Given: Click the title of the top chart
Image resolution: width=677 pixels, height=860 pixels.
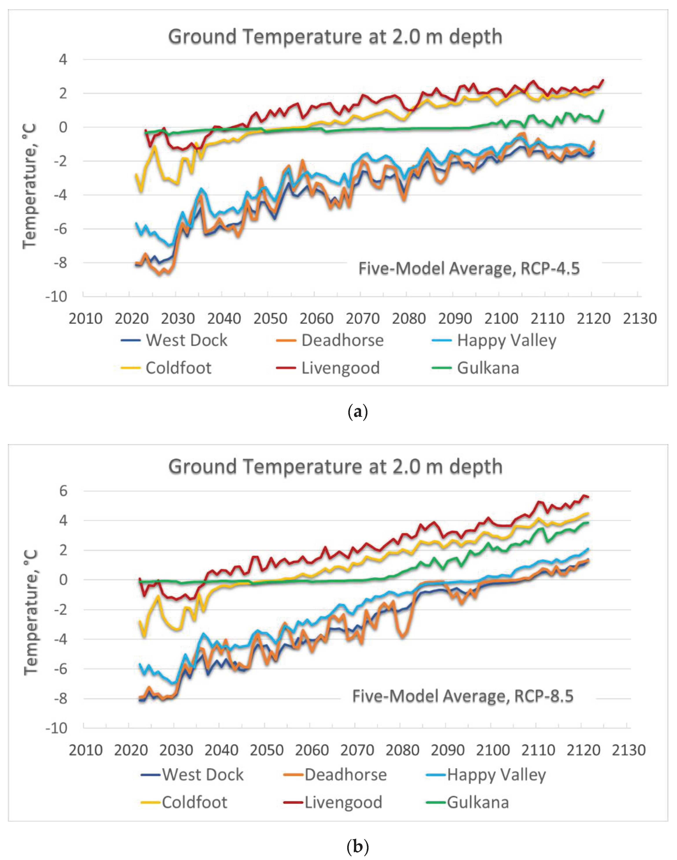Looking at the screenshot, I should [x=335, y=37].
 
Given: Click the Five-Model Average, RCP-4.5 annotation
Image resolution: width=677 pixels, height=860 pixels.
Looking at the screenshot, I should [x=469, y=269].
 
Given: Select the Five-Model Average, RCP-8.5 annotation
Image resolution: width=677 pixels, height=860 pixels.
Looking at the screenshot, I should [x=462, y=696].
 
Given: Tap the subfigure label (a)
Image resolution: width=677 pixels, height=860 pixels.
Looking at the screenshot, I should [x=358, y=412].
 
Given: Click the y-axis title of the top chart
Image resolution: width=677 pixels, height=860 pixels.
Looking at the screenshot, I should [x=30, y=186].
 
